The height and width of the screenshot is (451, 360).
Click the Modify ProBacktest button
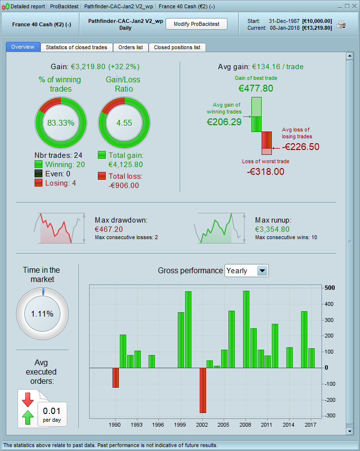(196, 24)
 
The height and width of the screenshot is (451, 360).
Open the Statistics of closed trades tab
(76, 47)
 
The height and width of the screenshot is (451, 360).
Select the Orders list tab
(131, 47)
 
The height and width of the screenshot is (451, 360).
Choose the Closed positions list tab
(177, 47)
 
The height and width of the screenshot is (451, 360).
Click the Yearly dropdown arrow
(262, 271)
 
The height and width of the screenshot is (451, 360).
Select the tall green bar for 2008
(246, 329)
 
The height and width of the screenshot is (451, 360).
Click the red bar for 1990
(115, 377)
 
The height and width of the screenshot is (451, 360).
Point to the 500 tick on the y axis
(330, 288)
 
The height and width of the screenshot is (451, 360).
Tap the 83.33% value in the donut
(61, 123)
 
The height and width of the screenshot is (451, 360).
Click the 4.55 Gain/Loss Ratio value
(124, 123)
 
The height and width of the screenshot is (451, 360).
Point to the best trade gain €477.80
(256, 88)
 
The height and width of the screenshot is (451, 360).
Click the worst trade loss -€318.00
(265, 171)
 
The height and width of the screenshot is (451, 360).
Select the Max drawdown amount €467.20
(109, 229)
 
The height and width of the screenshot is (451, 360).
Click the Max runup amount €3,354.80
(272, 229)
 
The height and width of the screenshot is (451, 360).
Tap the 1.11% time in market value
(42, 314)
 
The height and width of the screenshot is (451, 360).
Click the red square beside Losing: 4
(38, 183)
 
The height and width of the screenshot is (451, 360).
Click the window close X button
(354, 6)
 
